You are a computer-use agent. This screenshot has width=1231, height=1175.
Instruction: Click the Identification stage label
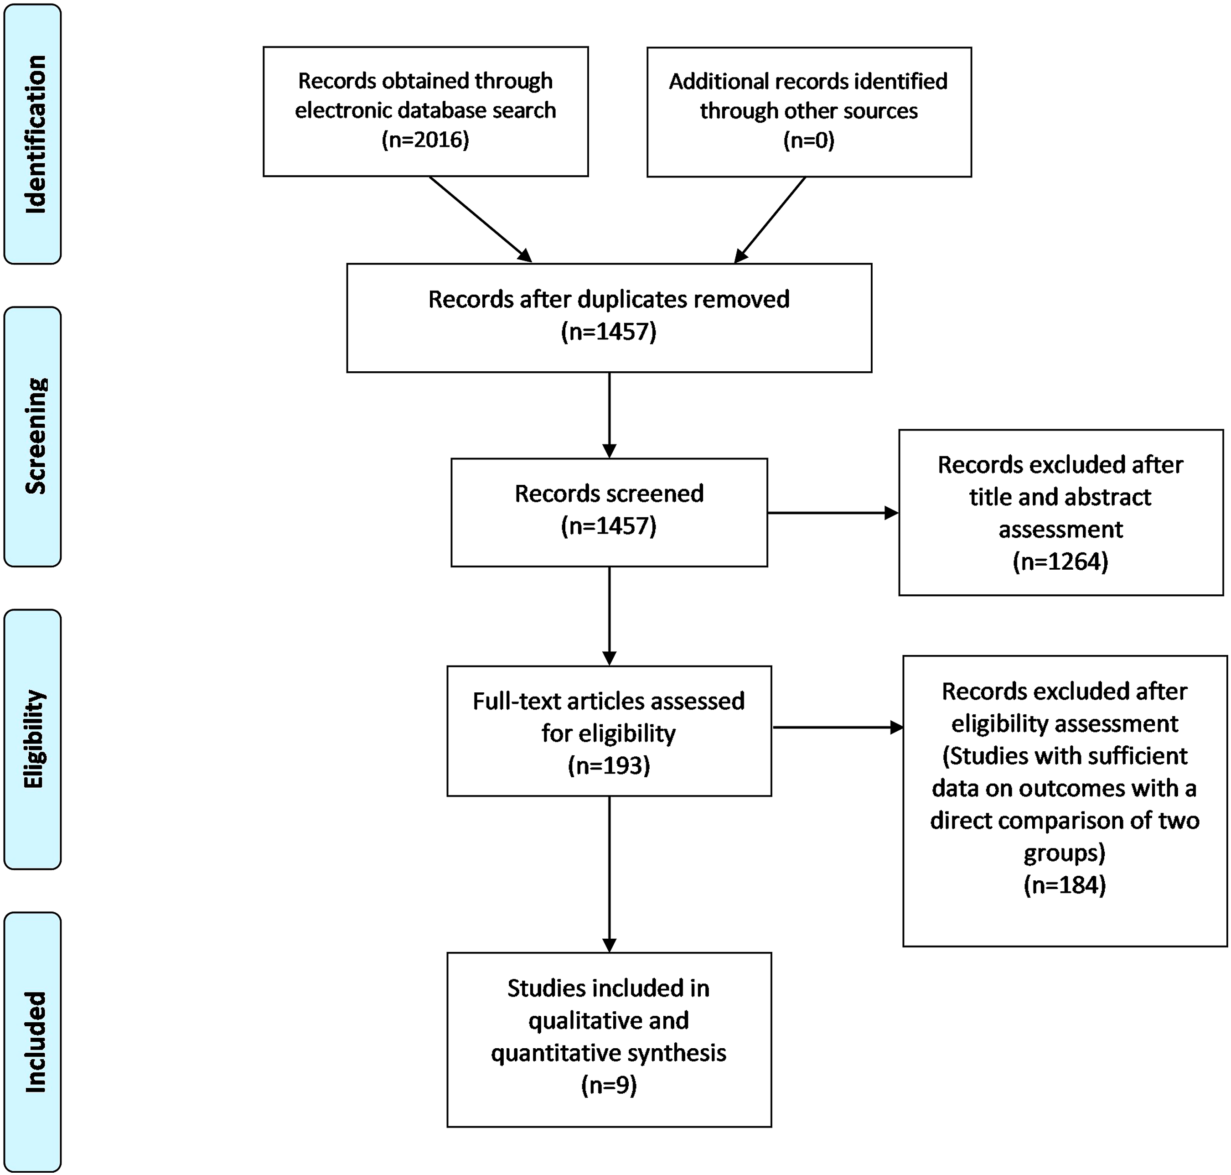click(36, 134)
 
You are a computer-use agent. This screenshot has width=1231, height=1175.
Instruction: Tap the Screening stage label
click(36, 437)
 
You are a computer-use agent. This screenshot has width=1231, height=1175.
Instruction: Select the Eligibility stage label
click(35, 739)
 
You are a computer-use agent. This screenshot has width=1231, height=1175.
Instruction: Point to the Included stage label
click(36, 1043)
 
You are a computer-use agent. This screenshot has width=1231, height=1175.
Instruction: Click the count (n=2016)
click(426, 139)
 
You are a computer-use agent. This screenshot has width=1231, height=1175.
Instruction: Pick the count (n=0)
click(809, 140)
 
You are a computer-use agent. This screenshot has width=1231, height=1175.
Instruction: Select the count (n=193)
click(609, 765)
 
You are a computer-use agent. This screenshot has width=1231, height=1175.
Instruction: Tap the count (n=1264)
click(1060, 561)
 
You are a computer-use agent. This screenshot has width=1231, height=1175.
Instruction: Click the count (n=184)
click(1065, 885)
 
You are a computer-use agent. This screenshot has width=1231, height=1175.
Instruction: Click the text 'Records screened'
click(609, 494)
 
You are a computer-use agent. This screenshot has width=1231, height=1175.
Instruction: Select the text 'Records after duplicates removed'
click(609, 299)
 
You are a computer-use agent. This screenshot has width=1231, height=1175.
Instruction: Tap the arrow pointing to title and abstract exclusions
click(833, 513)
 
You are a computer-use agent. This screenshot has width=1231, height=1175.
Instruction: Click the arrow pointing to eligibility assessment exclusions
click(838, 727)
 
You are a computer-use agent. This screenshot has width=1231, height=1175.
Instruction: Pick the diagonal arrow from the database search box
click(480, 219)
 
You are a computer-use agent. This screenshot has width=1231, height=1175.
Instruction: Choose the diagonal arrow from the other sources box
click(770, 220)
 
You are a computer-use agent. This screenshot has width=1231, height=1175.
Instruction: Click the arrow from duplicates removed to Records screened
click(609, 415)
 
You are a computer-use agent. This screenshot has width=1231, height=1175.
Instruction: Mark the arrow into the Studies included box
click(609, 874)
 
